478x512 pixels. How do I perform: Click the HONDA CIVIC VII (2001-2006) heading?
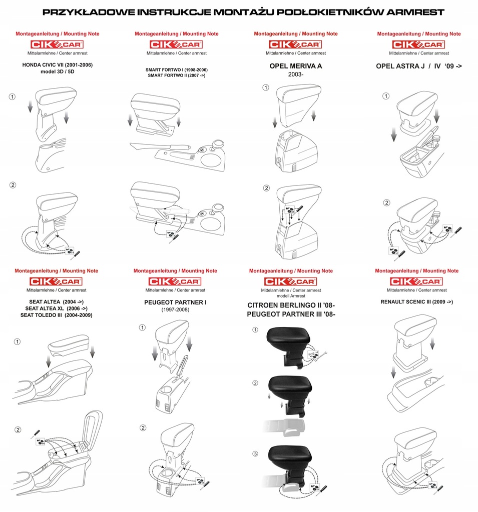click(57, 65)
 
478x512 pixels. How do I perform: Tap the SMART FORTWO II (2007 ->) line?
click(177, 75)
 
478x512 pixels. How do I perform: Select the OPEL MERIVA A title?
click(295, 65)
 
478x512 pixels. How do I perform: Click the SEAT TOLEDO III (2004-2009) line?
click(56, 315)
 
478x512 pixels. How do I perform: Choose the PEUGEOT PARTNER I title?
click(175, 302)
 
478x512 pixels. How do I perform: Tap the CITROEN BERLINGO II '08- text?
click(291, 305)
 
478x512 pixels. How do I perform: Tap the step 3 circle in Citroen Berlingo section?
click(255, 454)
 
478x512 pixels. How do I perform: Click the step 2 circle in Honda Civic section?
click(13, 185)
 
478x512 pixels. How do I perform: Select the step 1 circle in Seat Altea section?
click(18, 342)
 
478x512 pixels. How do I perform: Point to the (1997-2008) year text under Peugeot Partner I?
click(175, 310)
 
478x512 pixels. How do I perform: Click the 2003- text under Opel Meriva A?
click(295, 74)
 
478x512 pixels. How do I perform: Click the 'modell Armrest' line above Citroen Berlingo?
click(291, 296)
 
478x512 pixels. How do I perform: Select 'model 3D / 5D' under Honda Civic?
click(57, 72)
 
